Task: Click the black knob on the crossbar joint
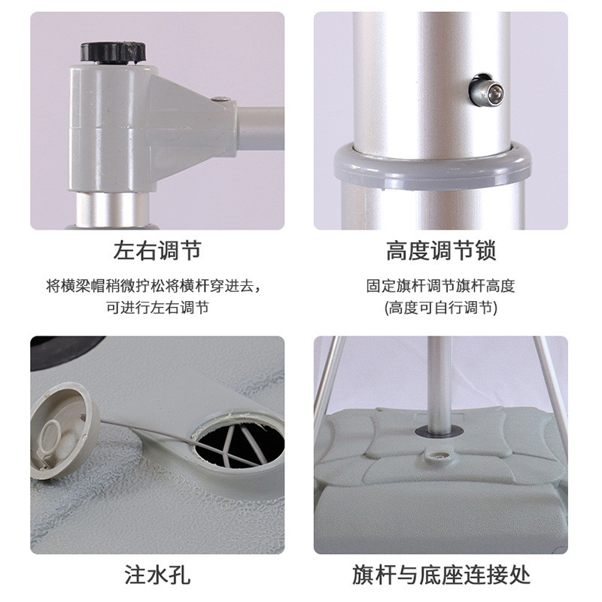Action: [x=113, y=51]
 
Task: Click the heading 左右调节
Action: [x=157, y=251]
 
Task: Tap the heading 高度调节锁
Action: [x=441, y=251]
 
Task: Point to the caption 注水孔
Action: [x=157, y=576]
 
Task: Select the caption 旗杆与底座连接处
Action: [x=441, y=576]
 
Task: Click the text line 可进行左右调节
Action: [x=157, y=307]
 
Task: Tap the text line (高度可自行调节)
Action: [x=441, y=307]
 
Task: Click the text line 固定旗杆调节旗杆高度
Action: [x=441, y=286]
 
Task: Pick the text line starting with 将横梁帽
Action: [x=157, y=286]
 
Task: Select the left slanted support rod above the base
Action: [x=331, y=376]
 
